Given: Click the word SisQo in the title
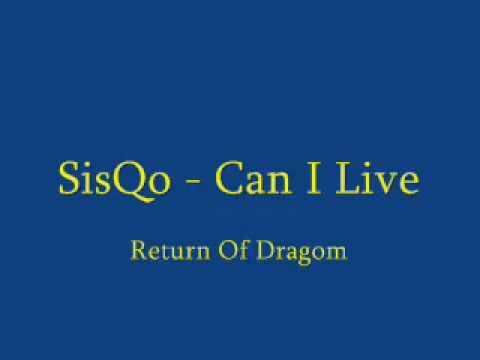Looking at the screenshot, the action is [x=114, y=180].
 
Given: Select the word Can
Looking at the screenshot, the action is [x=253, y=178].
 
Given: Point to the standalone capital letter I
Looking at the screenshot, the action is [x=313, y=178].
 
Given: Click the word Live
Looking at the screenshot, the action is [x=377, y=178].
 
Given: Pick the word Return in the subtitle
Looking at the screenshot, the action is [x=170, y=251].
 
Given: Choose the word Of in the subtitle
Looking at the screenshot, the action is [x=234, y=250].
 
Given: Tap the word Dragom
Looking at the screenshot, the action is [x=302, y=253].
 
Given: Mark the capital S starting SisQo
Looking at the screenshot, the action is [x=69, y=178].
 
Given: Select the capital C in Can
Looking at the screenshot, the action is [x=230, y=178].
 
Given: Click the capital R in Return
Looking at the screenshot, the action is [x=139, y=250].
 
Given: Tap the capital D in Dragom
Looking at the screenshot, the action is [x=266, y=250].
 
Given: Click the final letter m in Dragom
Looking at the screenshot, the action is [x=336, y=253].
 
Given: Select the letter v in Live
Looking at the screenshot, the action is [x=386, y=183].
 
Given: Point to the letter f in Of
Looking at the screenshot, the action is [x=243, y=250].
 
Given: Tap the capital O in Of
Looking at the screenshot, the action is [x=227, y=250].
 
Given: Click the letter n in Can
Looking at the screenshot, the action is [x=280, y=183].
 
